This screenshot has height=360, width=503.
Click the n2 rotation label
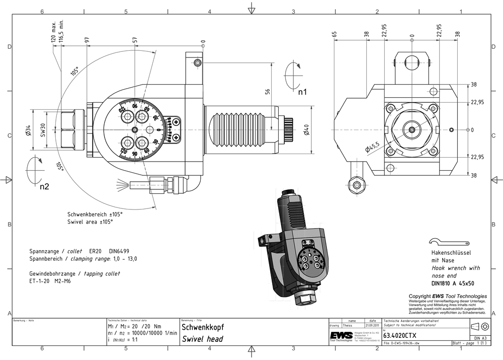pos(45,186)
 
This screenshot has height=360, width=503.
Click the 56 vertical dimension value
pos(268,91)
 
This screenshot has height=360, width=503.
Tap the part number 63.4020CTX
pos(400,335)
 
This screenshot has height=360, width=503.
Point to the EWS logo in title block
pos(341,336)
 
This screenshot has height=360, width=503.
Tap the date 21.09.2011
pos(372,325)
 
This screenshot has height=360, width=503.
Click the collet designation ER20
pos(96,250)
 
